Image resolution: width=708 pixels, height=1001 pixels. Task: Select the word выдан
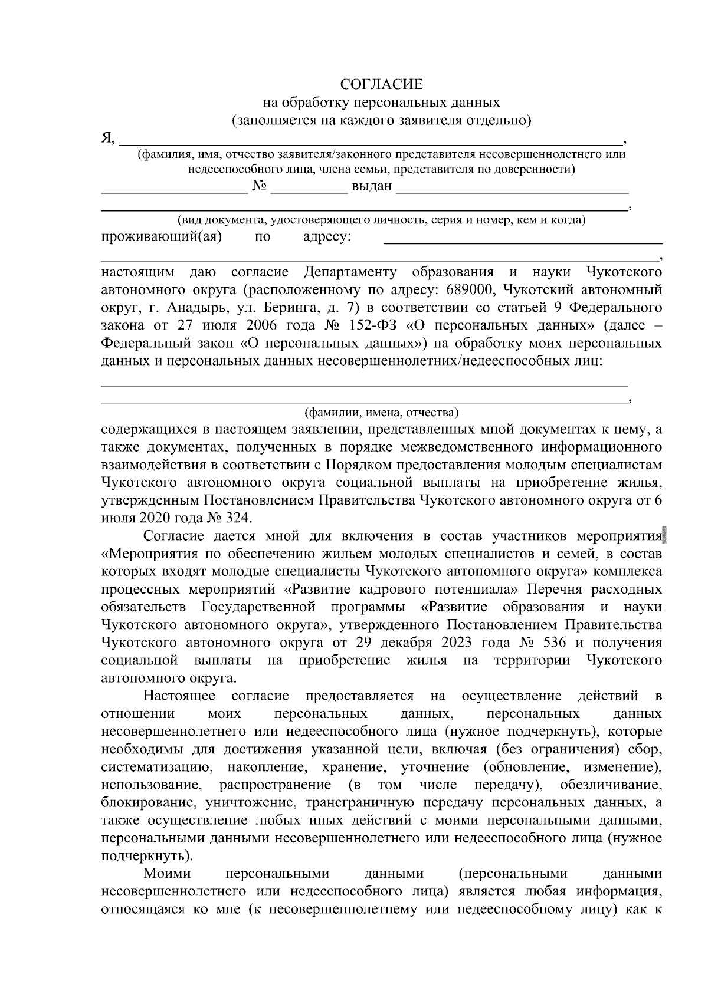372,187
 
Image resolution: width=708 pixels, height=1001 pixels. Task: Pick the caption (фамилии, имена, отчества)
382,411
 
